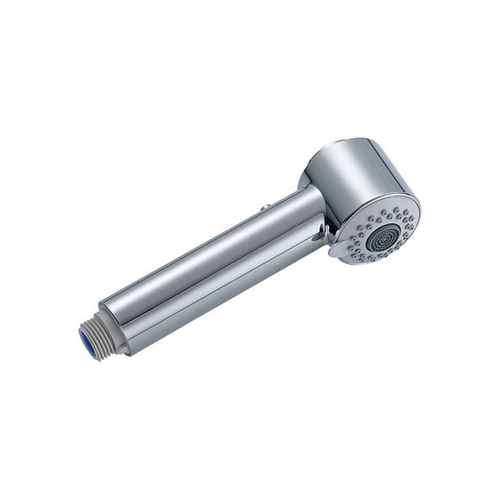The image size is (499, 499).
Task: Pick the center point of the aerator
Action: point(383,237)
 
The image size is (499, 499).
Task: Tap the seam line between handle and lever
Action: point(219,280)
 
